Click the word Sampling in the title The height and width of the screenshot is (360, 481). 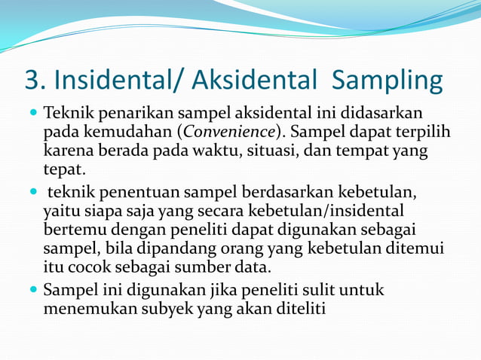point(387,80)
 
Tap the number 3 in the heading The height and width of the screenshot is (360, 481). point(32,79)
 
